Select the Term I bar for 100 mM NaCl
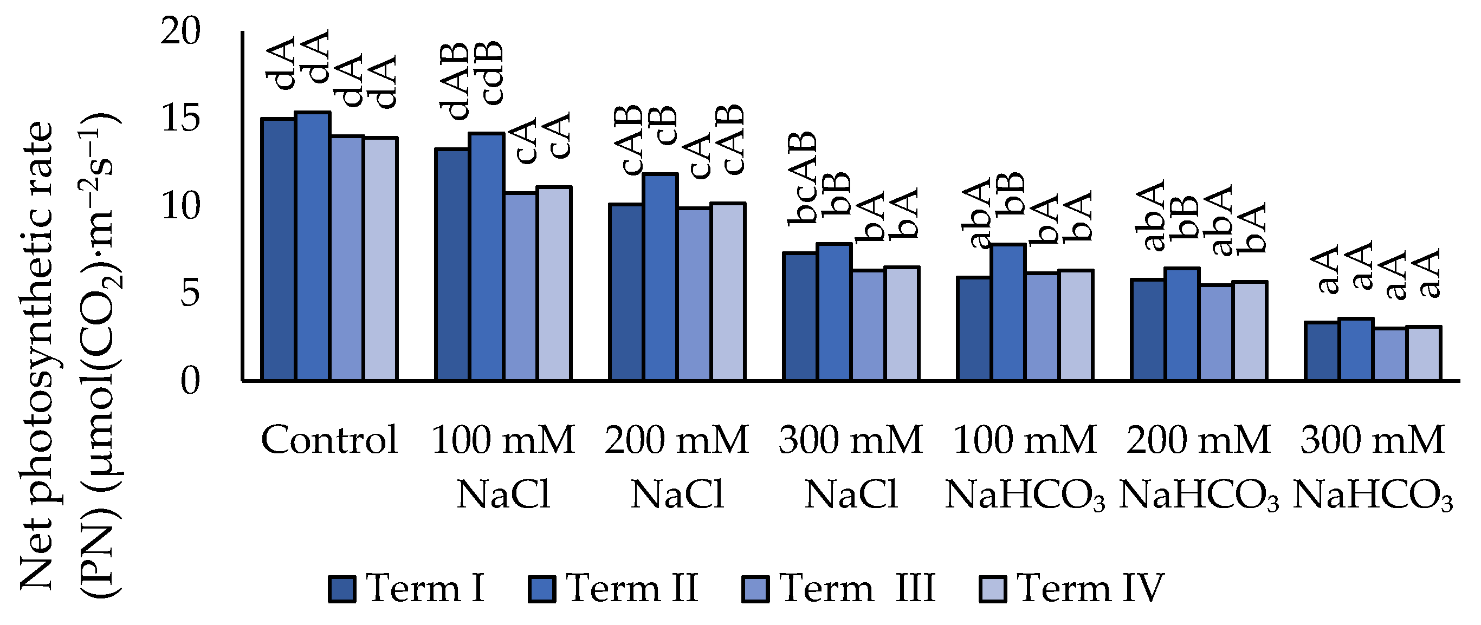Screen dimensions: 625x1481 pos(452,264)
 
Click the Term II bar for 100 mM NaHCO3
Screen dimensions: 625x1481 pos(1008,312)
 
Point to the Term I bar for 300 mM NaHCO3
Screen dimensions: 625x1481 pos(1322,351)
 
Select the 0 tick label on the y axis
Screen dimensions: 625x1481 pos(190,381)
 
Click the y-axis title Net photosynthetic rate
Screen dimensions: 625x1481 pos(38,356)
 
